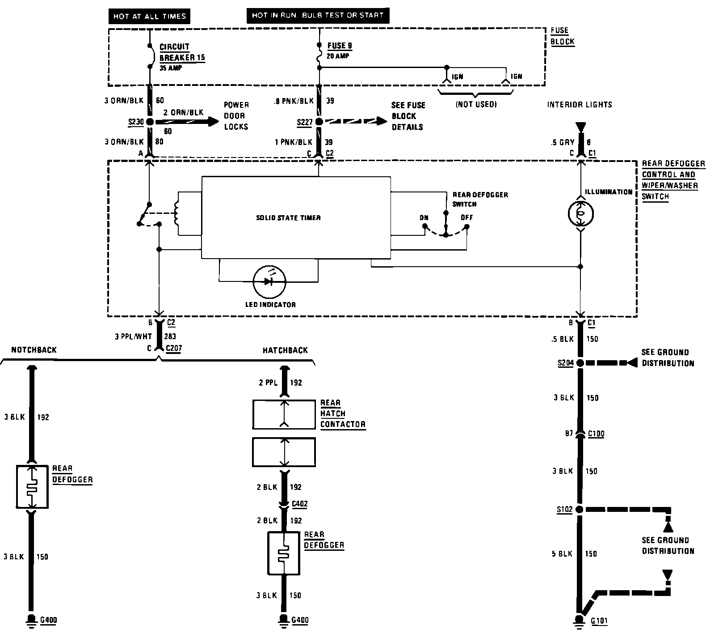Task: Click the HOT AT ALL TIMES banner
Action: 149,17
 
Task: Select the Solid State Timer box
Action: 296,217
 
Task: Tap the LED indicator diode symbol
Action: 269,281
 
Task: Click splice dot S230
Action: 150,122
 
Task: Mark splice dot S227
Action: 319,122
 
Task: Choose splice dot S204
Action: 580,363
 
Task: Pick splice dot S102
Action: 580,509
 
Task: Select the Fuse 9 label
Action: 340,46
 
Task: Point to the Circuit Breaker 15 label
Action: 182,52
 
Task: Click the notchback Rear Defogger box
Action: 32,487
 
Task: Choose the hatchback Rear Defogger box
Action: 283,553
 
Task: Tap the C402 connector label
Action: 299,504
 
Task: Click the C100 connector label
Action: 596,433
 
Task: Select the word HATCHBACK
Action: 285,350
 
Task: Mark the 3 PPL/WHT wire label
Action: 134,336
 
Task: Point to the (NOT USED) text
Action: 476,104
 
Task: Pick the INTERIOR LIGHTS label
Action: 580,104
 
